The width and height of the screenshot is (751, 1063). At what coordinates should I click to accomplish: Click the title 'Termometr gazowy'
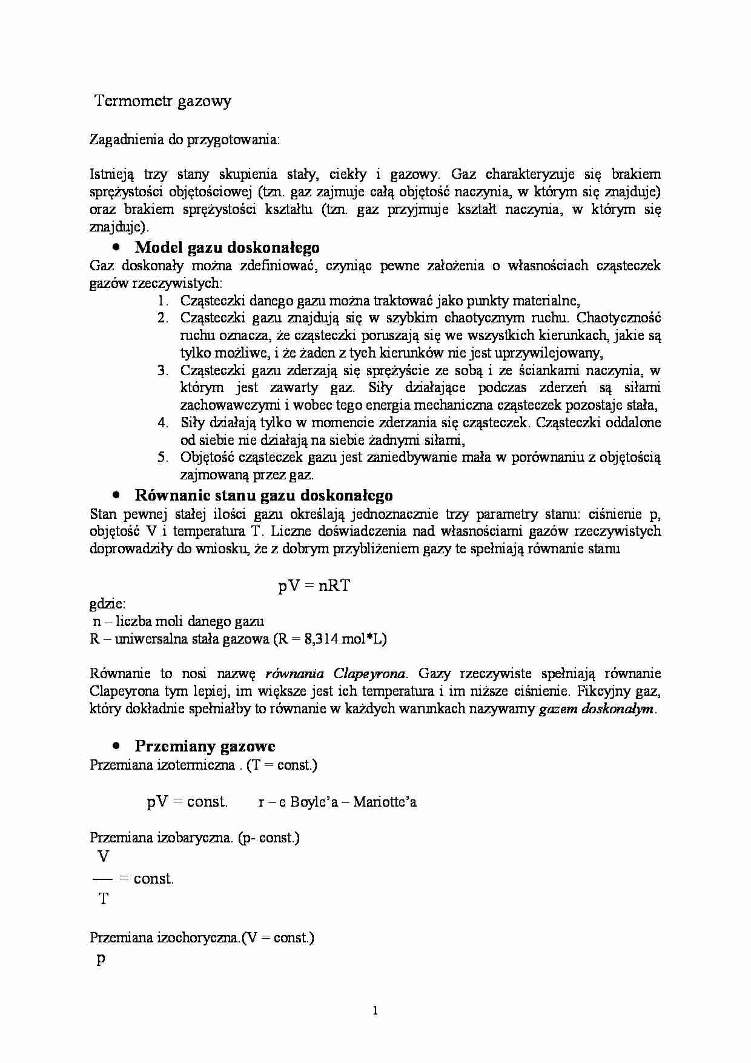click(163, 101)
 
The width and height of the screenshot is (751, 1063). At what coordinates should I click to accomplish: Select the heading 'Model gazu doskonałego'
click(227, 247)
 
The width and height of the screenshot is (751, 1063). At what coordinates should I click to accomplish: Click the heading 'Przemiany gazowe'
click(205, 746)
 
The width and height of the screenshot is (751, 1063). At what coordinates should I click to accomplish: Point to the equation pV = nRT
click(314, 586)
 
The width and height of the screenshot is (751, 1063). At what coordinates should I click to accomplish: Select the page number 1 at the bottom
click(375, 1010)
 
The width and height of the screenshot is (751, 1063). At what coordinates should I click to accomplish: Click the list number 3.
click(162, 370)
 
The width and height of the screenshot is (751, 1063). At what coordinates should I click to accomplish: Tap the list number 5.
click(162, 458)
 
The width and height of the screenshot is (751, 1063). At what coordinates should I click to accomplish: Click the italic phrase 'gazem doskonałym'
click(596, 708)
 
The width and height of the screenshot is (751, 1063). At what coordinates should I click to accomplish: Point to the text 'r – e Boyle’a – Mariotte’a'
click(337, 802)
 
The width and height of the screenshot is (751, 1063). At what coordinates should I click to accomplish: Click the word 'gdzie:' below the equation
click(107, 604)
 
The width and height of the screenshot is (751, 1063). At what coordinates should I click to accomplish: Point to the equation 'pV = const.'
click(187, 802)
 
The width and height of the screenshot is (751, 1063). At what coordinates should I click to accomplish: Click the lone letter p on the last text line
click(101, 959)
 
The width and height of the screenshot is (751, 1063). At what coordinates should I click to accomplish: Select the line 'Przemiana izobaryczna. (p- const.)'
click(194, 838)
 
